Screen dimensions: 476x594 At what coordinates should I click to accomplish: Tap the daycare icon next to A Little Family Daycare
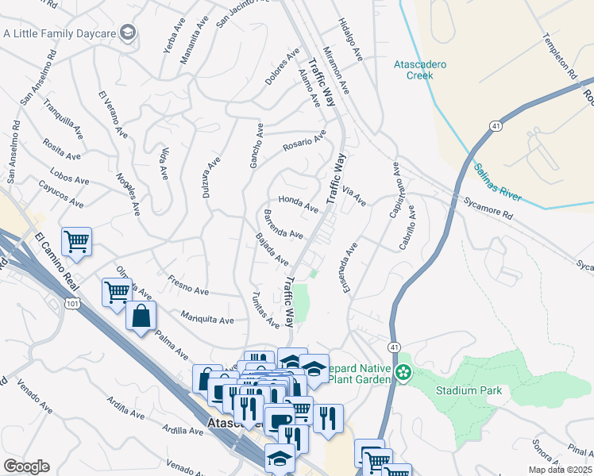click(128, 33)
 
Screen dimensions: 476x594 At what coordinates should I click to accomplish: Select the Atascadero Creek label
click(420, 70)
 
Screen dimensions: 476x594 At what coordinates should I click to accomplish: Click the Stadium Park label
click(469, 390)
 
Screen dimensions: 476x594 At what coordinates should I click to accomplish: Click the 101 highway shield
click(74, 302)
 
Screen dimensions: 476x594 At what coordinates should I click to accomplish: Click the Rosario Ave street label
click(304, 142)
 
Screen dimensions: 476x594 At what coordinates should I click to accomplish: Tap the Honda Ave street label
click(297, 204)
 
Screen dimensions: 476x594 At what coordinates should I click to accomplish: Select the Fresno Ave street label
click(188, 286)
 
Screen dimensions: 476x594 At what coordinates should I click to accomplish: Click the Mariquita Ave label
click(206, 318)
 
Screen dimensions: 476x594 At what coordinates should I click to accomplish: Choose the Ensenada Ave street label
click(349, 267)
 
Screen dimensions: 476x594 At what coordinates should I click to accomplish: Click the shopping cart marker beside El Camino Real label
click(76, 241)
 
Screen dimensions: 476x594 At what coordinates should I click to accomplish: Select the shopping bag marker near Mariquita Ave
click(141, 316)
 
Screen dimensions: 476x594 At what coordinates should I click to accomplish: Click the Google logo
click(25, 466)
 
